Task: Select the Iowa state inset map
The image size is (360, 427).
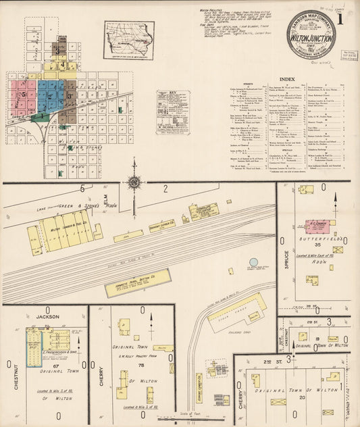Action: (128, 40)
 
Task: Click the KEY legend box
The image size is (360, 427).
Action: (173, 112)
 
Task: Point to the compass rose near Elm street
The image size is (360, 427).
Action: (134, 182)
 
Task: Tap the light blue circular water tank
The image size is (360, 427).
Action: (253, 262)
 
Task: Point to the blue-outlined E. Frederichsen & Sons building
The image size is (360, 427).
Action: (34, 347)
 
